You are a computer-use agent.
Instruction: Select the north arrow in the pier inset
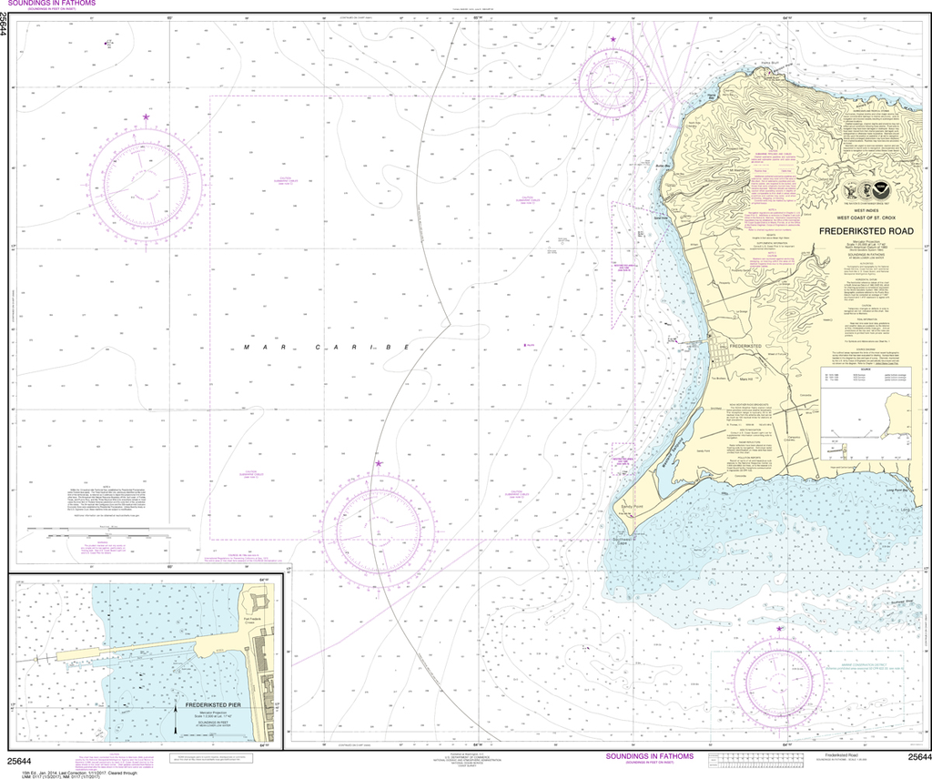[177, 720]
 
